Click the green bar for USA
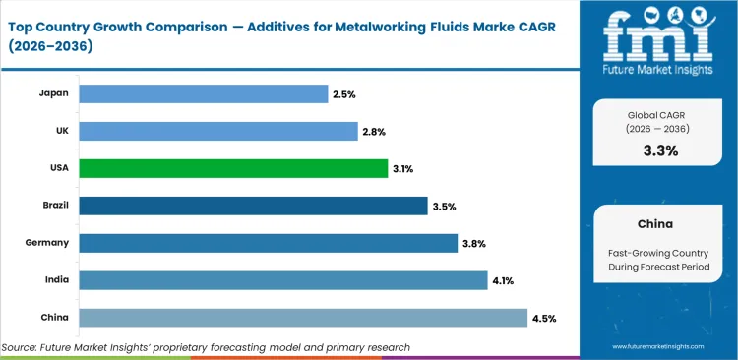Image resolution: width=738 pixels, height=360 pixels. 233,168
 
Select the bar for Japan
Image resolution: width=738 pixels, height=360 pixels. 203,93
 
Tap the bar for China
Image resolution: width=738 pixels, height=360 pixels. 302,317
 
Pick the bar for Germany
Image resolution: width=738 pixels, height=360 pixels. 268,243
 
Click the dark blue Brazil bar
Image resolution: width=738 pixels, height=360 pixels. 253,206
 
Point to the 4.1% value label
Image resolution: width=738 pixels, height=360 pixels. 503,280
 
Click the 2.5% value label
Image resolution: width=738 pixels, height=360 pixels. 343,93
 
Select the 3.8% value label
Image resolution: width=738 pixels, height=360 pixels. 473,243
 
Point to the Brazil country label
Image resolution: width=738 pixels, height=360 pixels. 53,206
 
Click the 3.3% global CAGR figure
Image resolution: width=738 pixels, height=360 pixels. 659,150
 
